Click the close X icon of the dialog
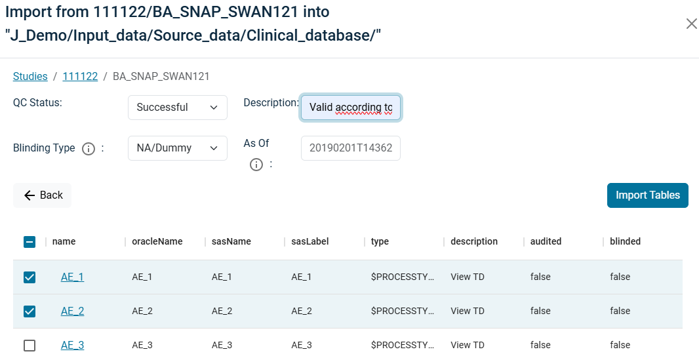click(x=691, y=24)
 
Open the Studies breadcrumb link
click(x=30, y=76)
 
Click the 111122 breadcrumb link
click(x=80, y=76)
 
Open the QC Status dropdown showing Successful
click(x=178, y=108)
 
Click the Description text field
click(x=351, y=108)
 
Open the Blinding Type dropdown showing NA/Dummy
click(x=178, y=148)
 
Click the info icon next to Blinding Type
click(x=89, y=149)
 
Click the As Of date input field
click(x=351, y=148)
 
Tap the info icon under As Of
click(x=256, y=165)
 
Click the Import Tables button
click(x=648, y=195)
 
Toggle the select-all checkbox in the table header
click(x=30, y=242)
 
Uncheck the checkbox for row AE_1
click(x=30, y=277)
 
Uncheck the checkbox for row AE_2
click(x=30, y=311)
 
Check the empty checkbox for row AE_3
click(x=30, y=346)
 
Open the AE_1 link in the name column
click(x=72, y=277)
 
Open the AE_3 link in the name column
click(x=72, y=345)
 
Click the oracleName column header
click(x=157, y=241)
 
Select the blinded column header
click(x=626, y=241)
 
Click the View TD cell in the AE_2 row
click(x=467, y=311)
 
